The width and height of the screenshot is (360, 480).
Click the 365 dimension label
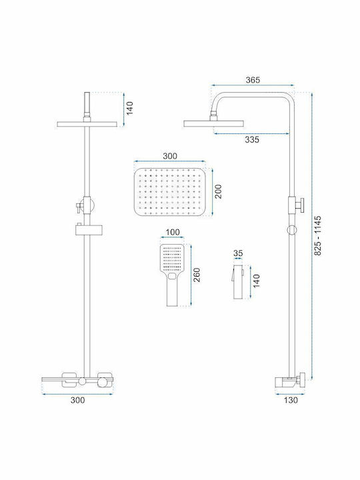click(253, 80)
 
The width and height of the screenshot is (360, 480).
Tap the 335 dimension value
click(251, 139)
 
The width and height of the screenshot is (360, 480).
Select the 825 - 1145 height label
click(318, 236)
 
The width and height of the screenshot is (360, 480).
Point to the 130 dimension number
click(291, 400)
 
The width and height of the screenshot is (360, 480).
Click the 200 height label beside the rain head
click(218, 191)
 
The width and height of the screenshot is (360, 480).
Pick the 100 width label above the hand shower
click(173, 232)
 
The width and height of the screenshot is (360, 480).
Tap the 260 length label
click(197, 275)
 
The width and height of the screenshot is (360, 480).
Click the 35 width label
click(238, 253)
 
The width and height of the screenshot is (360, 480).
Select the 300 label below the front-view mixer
click(78, 400)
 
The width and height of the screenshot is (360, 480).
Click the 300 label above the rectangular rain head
click(169, 156)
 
